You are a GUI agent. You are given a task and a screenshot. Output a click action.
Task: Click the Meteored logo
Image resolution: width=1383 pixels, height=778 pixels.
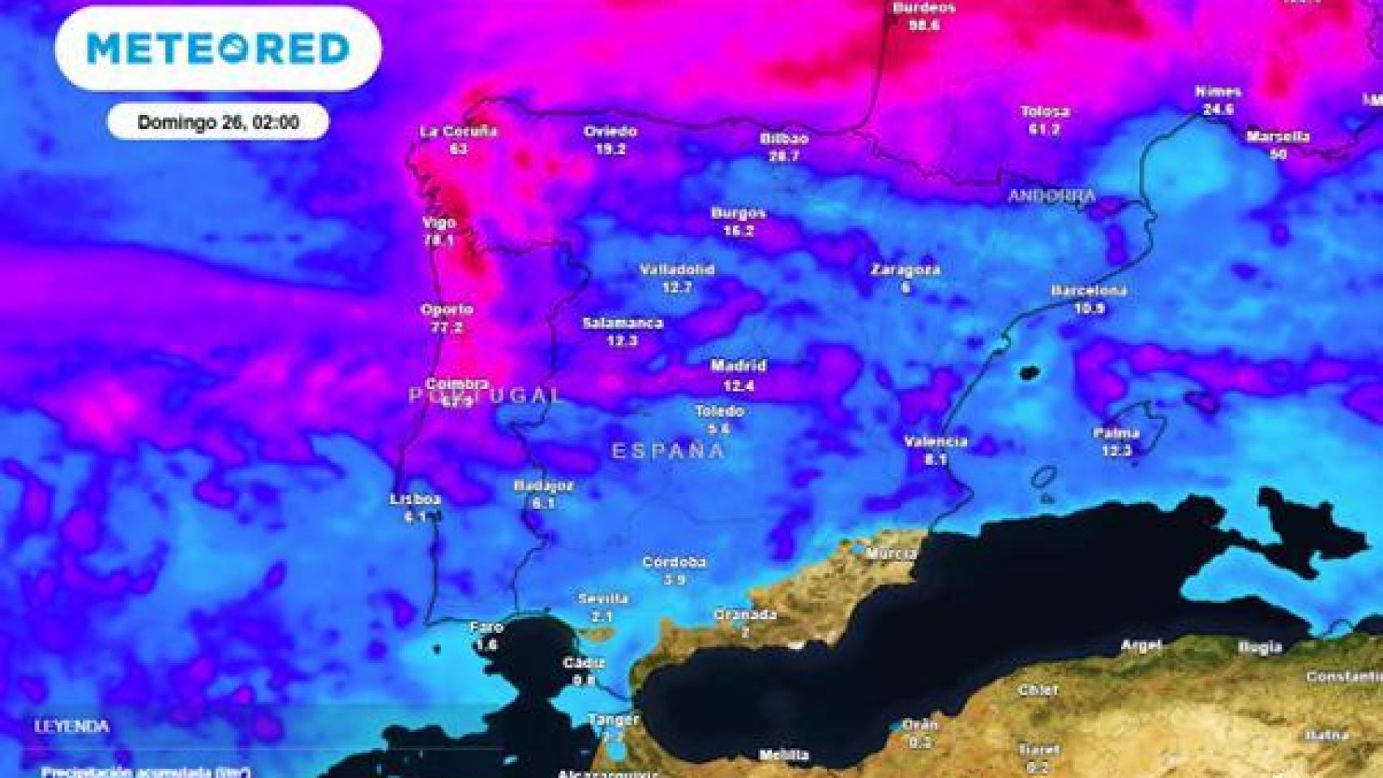pos(218,49)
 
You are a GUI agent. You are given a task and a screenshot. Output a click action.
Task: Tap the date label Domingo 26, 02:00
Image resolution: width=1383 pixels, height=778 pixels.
pos(218,122)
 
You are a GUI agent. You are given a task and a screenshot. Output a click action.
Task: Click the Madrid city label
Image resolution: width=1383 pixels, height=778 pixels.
pos(738,366)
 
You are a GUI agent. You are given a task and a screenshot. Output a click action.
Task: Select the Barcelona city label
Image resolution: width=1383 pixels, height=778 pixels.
pos(1089,291)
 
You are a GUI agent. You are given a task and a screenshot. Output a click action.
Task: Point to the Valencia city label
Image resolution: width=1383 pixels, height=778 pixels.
pos(936,442)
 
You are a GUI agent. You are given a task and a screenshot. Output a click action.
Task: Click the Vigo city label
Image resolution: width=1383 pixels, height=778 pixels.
pos(439,223)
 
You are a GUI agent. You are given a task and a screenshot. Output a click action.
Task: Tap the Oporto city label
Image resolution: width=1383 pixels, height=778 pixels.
pos(447,310)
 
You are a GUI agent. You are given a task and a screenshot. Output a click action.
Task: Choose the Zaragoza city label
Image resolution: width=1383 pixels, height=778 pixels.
pos(906,270)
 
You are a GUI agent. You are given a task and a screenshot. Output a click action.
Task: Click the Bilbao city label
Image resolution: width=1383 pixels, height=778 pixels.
pos(784,139)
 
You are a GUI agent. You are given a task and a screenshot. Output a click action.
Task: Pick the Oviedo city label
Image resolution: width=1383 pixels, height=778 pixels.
pos(610,131)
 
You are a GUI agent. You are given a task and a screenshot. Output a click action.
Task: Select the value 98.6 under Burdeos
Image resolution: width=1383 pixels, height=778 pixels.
pos(923,25)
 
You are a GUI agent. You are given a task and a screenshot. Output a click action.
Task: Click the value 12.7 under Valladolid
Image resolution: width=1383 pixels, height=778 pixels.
pos(677,287)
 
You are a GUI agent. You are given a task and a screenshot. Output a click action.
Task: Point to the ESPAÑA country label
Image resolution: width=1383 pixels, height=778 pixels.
pos(668,451)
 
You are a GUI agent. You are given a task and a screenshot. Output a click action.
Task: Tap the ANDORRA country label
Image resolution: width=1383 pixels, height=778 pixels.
pos(1051,196)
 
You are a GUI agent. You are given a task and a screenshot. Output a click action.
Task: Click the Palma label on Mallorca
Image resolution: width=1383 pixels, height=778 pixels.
pos(1116,434)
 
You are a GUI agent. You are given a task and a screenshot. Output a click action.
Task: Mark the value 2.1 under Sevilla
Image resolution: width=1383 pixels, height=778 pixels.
pos(602,617)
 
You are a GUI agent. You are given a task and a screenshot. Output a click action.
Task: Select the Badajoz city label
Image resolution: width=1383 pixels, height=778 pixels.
pos(543,486)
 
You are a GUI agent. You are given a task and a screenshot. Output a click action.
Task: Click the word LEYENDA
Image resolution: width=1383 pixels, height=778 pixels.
pos(71,727)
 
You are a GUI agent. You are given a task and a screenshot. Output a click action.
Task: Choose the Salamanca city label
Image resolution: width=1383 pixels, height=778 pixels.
pos(623,323)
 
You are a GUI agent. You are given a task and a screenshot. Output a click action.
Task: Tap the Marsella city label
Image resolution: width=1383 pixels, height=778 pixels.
pos(1278,137)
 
